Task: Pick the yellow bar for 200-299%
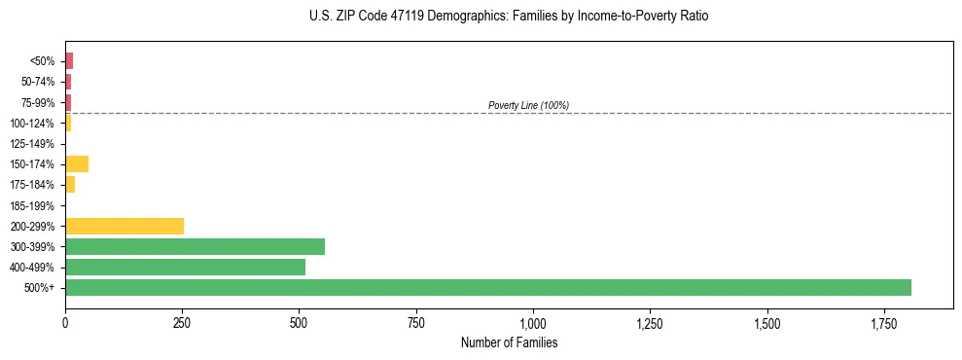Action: [x=125, y=226]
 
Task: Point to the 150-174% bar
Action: [x=77, y=163]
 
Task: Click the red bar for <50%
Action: [x=69, y=60]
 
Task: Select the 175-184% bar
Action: [x=70, y=184]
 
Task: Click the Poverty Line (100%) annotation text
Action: [x=528, y=105]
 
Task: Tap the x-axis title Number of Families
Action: [x=509, y=343]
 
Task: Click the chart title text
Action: [x=510, y=17]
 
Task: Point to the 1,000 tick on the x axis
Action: [x=533, y=321]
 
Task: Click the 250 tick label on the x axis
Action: [x=182, y=321]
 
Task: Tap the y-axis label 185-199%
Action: [x=33, y=205]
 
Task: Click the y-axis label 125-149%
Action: [x=33, y=143]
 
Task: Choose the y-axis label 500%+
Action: [x=40, y=288]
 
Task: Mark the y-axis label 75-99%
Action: [x=36, y=102]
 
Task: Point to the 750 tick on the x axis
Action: [x=416, y=321]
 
